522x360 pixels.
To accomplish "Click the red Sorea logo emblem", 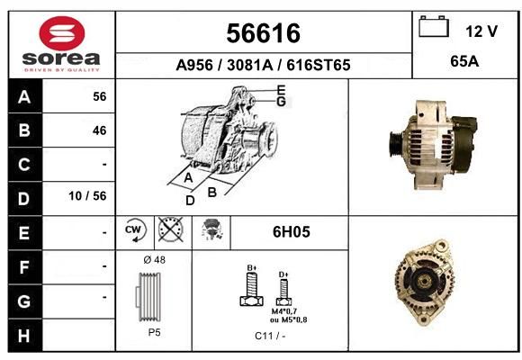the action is pos(62,33).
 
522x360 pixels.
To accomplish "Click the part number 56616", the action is pos(264,33).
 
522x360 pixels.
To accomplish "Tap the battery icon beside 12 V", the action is pos(434,26).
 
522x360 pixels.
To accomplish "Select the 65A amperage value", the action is pos(464,61).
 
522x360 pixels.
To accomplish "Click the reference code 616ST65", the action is pos(319,65).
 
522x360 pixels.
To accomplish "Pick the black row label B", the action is pos(24,130).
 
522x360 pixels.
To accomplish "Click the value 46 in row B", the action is pos(100,130).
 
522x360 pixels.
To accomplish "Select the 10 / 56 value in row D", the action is pos(87,196).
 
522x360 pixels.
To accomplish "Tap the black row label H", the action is pos(24,336).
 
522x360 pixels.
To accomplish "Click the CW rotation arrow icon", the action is pos(135,229).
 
